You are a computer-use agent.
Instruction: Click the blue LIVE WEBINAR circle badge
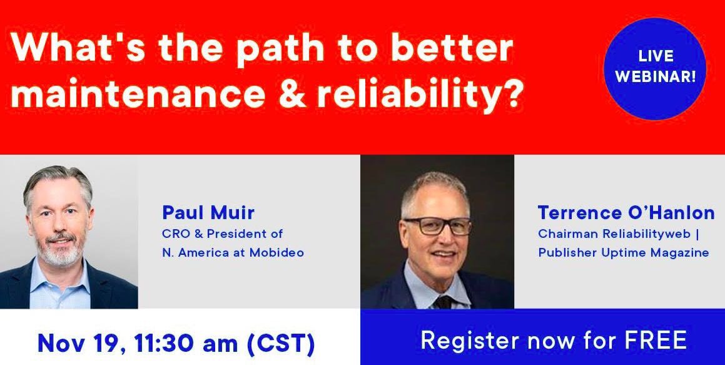pos(654,68)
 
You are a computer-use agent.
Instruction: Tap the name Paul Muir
pos(208,213)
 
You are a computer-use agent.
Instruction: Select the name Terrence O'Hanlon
pos(626,213)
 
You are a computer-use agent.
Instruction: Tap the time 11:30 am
pos(180,343)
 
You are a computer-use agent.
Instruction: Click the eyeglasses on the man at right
pos(437,225)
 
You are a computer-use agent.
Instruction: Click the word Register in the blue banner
pos(467,340)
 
